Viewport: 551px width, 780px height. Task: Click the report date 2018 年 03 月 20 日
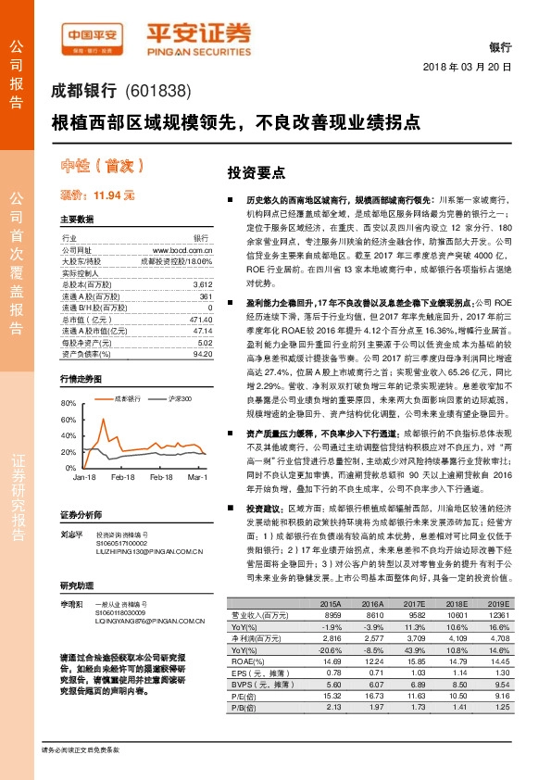point(468,69)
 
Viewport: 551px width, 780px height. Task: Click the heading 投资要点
point(257,173)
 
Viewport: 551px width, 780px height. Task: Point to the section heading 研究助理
point(76,585)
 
